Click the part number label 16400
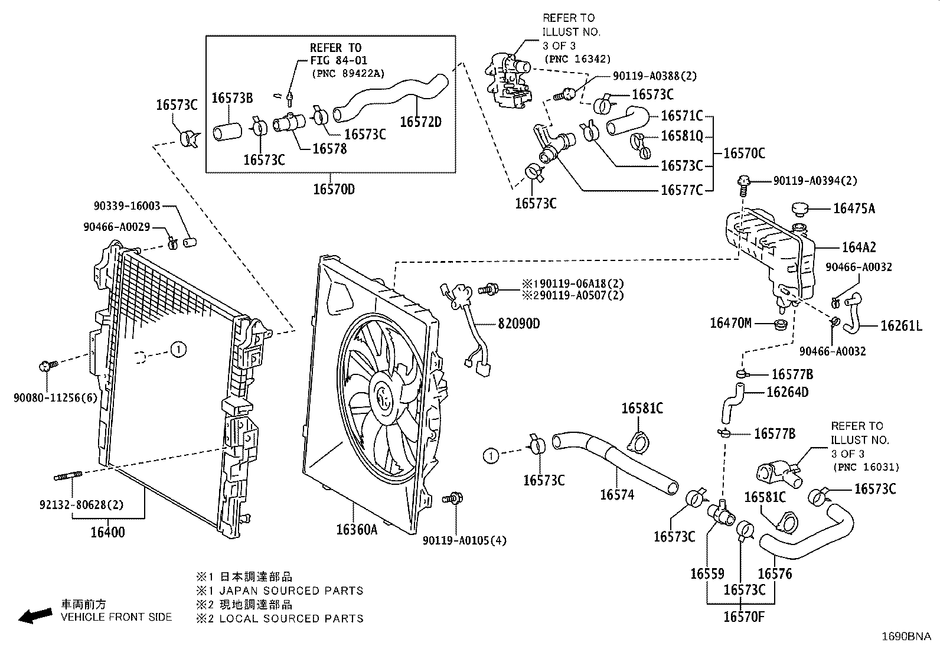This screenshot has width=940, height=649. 107,532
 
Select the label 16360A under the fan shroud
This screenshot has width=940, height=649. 356,530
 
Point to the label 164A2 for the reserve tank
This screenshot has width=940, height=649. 859,247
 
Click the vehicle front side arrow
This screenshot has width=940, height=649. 35,616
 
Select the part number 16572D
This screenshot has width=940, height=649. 420,122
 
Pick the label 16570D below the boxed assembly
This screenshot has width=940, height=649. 334,190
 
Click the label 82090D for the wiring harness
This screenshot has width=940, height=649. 518,324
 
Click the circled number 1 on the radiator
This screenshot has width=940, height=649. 179,350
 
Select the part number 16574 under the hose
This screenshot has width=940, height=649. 617,495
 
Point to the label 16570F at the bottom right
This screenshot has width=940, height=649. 744,617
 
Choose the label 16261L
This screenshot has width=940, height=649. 901,325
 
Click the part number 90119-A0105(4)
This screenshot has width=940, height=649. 465,540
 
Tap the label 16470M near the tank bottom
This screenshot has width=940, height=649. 730,322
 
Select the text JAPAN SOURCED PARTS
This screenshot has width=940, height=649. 291,591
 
